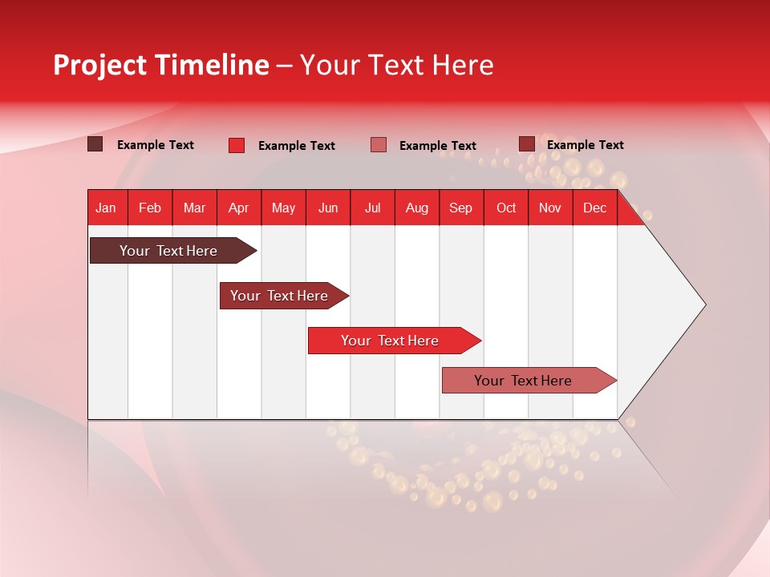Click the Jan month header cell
(106, 208)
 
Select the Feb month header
(150, 208)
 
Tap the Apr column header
(239, 208)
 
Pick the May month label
(283, 208)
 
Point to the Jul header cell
(372, 208)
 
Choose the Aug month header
(417, 208)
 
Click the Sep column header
(461, 208)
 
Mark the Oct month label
(506, 208)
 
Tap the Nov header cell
(550, 208)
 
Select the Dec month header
(595, 208)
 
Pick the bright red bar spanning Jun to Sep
(391, 341)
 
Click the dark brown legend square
(95, 144)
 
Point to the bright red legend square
(237, 145)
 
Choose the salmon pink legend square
(379, 145)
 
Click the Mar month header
(195, 208)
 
